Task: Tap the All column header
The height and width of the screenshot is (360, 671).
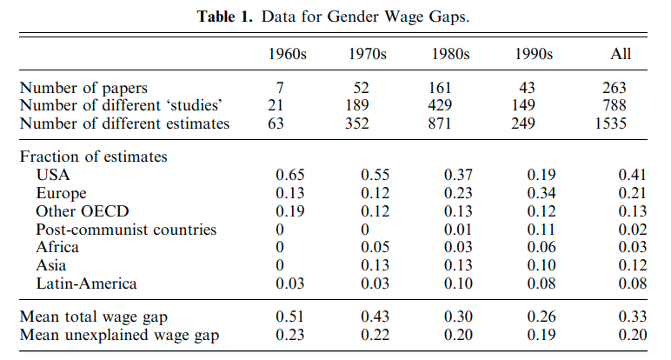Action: point(620,54)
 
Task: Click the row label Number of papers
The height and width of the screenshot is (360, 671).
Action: point(83,88)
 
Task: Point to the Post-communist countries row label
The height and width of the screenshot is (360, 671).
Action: point(126,230)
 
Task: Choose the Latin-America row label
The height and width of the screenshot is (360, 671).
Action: point(86,283)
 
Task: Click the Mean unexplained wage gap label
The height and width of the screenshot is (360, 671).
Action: point(119,334)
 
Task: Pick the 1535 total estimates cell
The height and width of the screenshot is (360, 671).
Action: point(624,123)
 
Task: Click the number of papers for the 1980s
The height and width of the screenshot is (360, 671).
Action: point(450,88)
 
